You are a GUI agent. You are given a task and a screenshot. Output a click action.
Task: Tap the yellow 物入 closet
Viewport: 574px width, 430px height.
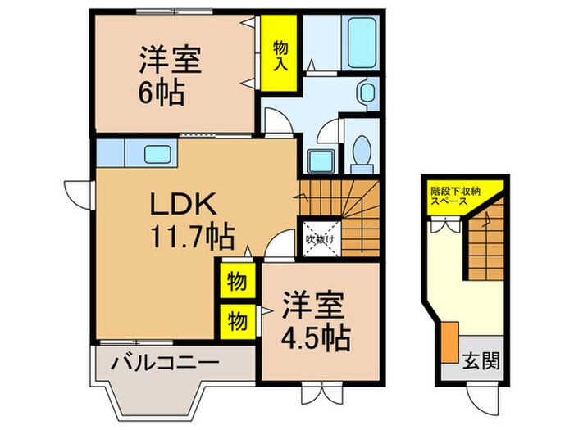coord(280,52)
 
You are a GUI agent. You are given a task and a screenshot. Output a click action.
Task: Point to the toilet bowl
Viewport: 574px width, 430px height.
coord(361,150)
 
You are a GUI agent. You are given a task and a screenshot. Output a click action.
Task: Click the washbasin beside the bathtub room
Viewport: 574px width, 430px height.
coord(367,92)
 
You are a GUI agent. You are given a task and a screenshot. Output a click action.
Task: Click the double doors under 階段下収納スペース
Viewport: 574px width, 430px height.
coord(448,226)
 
